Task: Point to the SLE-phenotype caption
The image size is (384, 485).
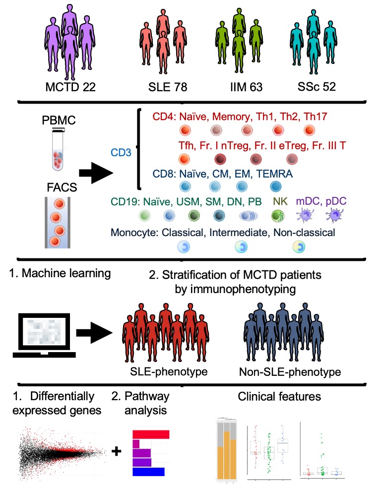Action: (x=165, y=372)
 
